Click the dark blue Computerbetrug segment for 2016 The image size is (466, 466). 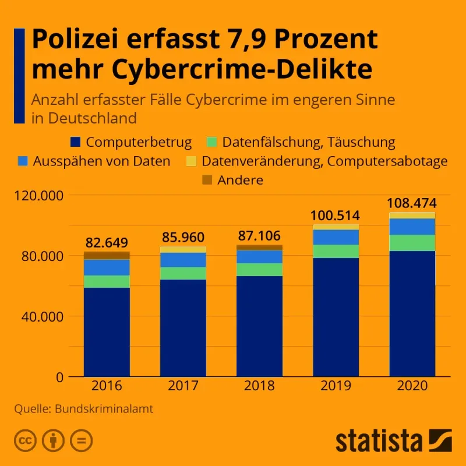point(107,332)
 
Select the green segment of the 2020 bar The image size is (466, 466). point(412,243)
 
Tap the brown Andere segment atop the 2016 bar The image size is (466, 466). point(107,255)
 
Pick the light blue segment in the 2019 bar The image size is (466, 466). point(336,237)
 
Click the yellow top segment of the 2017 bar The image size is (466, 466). point(183,249)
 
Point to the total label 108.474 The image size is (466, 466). point(412,204)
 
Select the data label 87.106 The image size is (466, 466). point(260,236)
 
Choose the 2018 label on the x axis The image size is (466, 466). point(260,386)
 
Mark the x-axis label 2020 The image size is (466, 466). point(412,386)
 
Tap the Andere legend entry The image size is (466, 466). point(239,180)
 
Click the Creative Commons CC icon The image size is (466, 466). point(24,440)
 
